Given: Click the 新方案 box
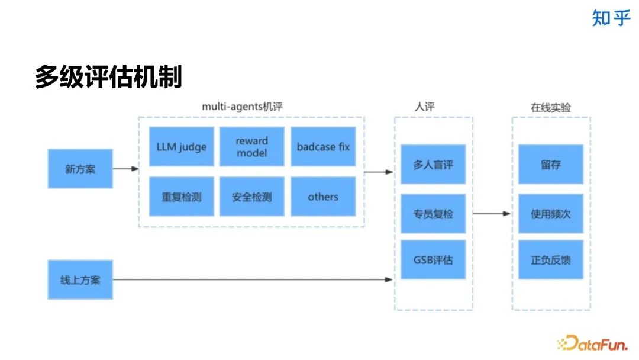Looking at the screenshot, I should coord(80,169).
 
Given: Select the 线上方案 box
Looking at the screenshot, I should coord(80,279).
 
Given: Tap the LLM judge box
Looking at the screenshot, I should coord(181,146).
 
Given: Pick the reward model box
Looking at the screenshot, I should coord(252,146).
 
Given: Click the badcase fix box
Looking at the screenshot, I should coord(323,146).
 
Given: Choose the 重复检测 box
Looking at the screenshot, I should coord(181,197).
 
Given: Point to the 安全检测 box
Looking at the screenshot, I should coord(252,197).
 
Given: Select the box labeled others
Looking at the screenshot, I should coord(323,197).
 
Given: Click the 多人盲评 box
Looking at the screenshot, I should coord(433,164).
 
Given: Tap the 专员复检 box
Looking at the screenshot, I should coord(433,213).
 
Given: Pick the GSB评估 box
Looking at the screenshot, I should coord(433,259).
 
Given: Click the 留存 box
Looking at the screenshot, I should coord(551,164).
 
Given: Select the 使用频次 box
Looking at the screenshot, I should coord(551,213).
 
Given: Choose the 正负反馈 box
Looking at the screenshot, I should coord(551,259).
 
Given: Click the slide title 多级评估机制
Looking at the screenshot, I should coord(108,77).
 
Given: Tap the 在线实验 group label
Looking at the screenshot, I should coord(551,107).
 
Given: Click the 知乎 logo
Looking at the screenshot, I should coord(611,18).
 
